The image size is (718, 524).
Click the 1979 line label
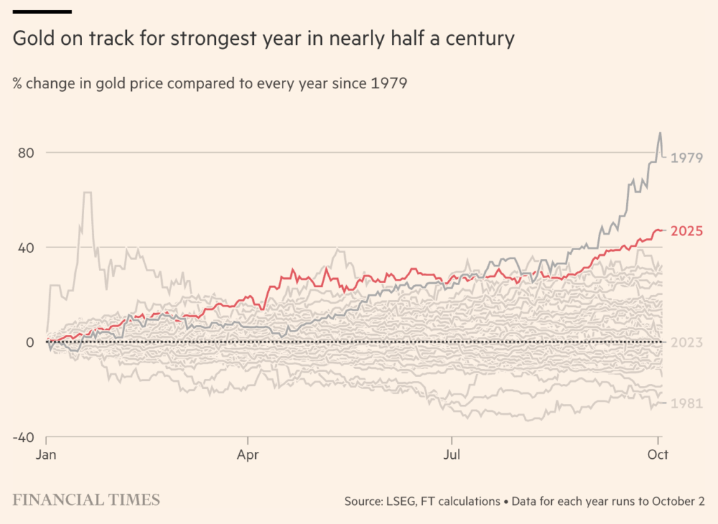[686, 158]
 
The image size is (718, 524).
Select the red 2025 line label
[686, 231]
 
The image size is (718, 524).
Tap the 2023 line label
[686, 343]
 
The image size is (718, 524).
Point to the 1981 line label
[686, 404]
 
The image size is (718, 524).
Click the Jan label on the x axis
[46, 454]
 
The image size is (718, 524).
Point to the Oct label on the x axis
[658, 454]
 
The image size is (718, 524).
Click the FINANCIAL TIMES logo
[86, 499]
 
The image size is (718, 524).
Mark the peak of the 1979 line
[660, 132]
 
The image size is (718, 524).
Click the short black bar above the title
[42, 11]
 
